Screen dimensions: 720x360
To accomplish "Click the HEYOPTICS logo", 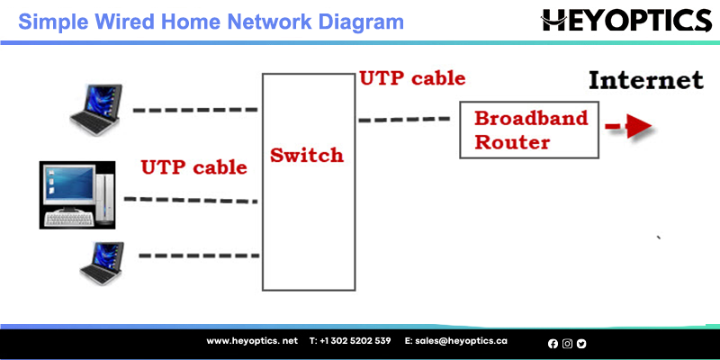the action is coord(626,20).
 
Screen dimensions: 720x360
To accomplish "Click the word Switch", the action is coord(307,155).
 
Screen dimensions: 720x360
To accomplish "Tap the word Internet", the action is coord(645,80).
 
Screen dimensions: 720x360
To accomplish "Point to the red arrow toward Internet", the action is coord(628,126).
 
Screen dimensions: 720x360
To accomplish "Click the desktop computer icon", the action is coord(77,194).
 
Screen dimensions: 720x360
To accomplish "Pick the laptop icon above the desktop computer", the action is coord(96,109).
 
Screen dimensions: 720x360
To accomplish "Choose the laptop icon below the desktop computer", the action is coord(102,264).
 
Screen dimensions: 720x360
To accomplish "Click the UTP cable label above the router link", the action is coord(412,78).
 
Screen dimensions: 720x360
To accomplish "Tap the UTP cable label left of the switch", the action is coord(193,167).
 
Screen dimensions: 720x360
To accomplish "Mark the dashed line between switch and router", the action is coord(404,120).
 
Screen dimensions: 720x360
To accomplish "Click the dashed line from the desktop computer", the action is coord(191,200).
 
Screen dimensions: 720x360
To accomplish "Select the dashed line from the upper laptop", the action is coord(195,110).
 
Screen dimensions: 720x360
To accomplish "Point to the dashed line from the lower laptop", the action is coord(199,256).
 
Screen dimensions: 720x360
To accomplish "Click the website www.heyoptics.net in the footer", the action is coord(252,341).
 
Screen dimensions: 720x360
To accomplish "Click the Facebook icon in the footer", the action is coord(553,344).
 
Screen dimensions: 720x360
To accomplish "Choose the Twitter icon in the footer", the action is coord(581,344).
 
